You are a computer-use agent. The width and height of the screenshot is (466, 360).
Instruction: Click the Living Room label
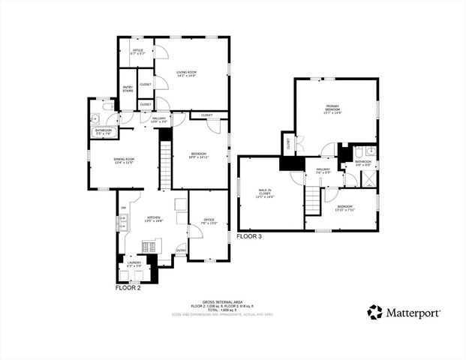click(x=186, y=73)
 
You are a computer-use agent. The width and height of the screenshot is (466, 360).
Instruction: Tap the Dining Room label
click(x=124, y=160)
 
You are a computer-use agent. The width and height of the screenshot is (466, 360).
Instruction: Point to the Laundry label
click(x=134, y=264)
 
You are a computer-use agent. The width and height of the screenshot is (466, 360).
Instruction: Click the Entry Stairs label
click(x=128, y=89)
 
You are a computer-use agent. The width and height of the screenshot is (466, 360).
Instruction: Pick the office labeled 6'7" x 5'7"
click(x=137, y=52)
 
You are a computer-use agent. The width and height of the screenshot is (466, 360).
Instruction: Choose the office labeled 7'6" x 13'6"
click(x=209, y=220)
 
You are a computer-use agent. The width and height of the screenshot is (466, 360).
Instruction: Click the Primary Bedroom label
click(x=334, y=109)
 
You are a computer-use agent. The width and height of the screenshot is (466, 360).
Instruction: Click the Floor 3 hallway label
click(x=323, y=170)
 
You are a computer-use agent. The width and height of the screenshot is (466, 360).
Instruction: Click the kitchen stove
click(x=150, y=244)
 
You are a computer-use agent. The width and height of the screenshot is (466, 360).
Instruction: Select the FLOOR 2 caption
click(x=128, y=287)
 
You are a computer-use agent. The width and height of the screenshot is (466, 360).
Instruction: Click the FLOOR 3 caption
click(x=251, y=236)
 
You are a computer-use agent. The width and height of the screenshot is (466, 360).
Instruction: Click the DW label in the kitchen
click(x=122, y=208)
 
